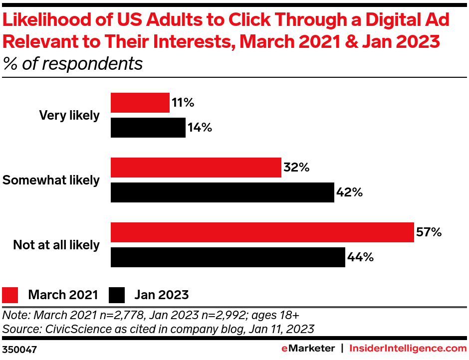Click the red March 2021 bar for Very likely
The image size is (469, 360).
(140, 103)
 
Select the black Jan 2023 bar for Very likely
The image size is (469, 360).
(148, 128)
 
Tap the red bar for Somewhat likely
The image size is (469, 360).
(196, 168)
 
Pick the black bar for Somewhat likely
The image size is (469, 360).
(222, 192)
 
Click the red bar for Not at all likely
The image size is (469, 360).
(262, 232)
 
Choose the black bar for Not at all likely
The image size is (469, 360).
(228, 257)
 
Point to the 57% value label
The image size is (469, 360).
(429, 232)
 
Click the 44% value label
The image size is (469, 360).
(361, 257)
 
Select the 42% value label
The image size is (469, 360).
(349, 192)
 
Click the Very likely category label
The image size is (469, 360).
(69, 115)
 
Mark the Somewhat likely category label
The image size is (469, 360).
(51, 180)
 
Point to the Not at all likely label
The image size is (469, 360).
(56, 245)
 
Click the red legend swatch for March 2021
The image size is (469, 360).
(10, 295)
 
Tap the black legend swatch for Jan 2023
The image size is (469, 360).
(116, 295)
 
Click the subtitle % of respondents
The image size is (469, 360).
(72, 64)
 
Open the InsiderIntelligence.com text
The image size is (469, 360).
(408, 348)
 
